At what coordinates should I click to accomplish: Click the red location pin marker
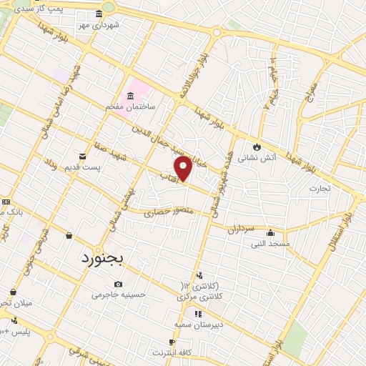pos(184,167)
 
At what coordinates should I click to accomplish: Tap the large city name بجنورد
pos(102,258)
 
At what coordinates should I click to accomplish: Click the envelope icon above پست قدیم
pos(83,155)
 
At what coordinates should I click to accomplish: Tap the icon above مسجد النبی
pos(270,232)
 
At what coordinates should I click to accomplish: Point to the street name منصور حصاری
pos(168,212)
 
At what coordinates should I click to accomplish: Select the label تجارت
pos(317,189)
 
